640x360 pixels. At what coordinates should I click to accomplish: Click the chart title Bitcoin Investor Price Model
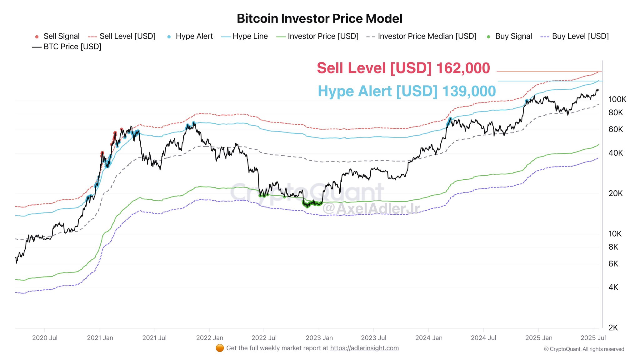pyautogui.click(x=319, y=19)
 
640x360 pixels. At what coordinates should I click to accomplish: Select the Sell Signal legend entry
pyautogui.click(x=58, y=36)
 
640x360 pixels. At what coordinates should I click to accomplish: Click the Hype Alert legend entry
pyautogui.click(x=190, y=36)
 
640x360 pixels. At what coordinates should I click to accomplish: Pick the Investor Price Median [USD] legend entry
pyautogui.click(x=422, y=36)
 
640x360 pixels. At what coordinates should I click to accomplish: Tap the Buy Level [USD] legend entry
pyautogui.click(x=575, y=36)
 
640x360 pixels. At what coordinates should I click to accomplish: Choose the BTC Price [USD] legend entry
pyautogui.click(x=67, y=47)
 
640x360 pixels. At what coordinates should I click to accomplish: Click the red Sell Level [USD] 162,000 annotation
pyautogui.click(x=403, y=68)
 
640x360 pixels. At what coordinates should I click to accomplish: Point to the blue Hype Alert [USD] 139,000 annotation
pyautogui.click(x=407, y=91)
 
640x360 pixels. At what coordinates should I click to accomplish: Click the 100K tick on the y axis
pyautogui.click(x=617, y=99)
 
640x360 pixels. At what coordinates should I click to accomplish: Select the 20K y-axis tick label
pyautogui.click(x=615, y=193)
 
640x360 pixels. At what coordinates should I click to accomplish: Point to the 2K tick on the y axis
pyautogui.click(x=613, y=328)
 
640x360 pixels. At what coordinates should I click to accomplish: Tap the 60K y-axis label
pyautogui.click(x=615, y=129)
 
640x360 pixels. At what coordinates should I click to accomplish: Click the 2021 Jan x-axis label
pyautogui.click(x=100, y=338)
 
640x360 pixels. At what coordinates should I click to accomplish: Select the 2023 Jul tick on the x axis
pyautogui.click(x=373, y=338)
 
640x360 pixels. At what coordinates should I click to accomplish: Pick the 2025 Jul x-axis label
pyautogui.click(x=593, y=338)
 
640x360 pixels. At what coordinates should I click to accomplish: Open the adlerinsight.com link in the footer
pyautogui.click(x=364, y=348)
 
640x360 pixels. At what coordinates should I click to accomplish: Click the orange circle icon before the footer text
pyautogui.click(x=220, y=348)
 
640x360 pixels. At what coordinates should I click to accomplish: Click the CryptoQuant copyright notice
pyautogui.click(x=584, y=349)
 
